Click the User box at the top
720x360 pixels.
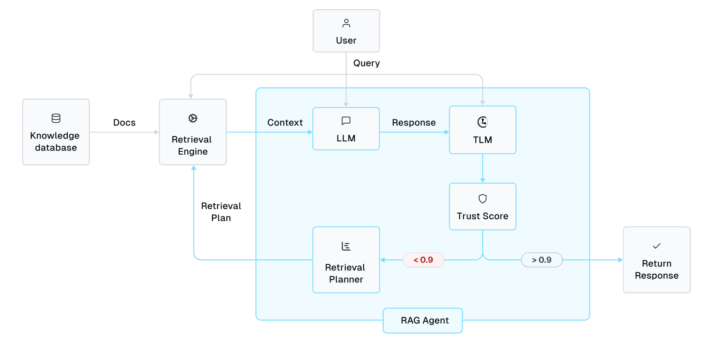pyautogui.click(x=346, y=31)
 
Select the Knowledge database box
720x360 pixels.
pyautogui.click(x=56, y=132)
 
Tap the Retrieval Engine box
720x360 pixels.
pyautogui.click(x=193, y=132)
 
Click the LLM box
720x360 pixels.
pyautogui.click(x=346, y=129)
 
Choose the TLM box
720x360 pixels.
pyautogui.click(x=482, y=130)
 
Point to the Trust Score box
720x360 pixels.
pyautogui.click(x=482, y=207)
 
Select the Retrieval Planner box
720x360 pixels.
pyautogui.click(x=346, y=260)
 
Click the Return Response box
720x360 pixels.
pyautogui.click(x=656, y=260)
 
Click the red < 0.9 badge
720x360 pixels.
pyautogui.click(x=423, y=260)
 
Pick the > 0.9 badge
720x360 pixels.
pyautogui.click(x=542, y=260)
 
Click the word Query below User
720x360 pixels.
pyautogui.click(x=366, y=63)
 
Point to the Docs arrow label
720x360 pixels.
pyautogui.click(x=125, y=122)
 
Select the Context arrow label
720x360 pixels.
pyautogui.click(x=285, y=122)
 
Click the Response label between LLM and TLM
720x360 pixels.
pyautogui.click(x=414, y=122)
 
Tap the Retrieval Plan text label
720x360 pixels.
pyautogui.click(x=221, y=212)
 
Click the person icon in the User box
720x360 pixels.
pyautogui.click(x=346, y=23)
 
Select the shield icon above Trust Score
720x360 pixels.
pyautogui.click(x=482, y=199)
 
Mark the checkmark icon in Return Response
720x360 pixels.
pyautogui.click(x=657, y=246)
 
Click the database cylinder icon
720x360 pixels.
pyautogui.click(x=56, y=119)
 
